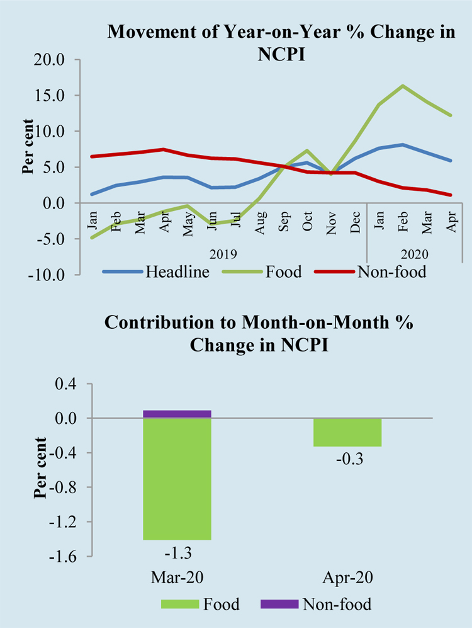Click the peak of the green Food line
[x=403, y=86]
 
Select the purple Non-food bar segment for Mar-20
[x=177, y=414]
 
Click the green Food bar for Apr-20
[x=348, y=432]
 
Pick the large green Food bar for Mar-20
[x=177, y=479]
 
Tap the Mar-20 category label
[x=177, y=578]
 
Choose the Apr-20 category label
[x=348, y=578]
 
